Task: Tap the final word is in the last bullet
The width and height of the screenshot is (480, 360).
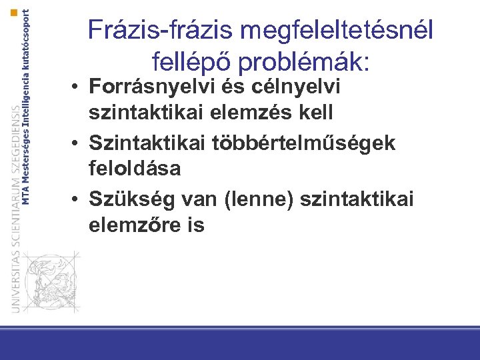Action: click(196, 225)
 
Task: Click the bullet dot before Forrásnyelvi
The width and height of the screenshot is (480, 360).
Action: click(78, 87)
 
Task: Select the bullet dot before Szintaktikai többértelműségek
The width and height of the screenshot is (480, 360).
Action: click(78, 142)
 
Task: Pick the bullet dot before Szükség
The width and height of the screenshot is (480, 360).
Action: click(78, 198)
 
